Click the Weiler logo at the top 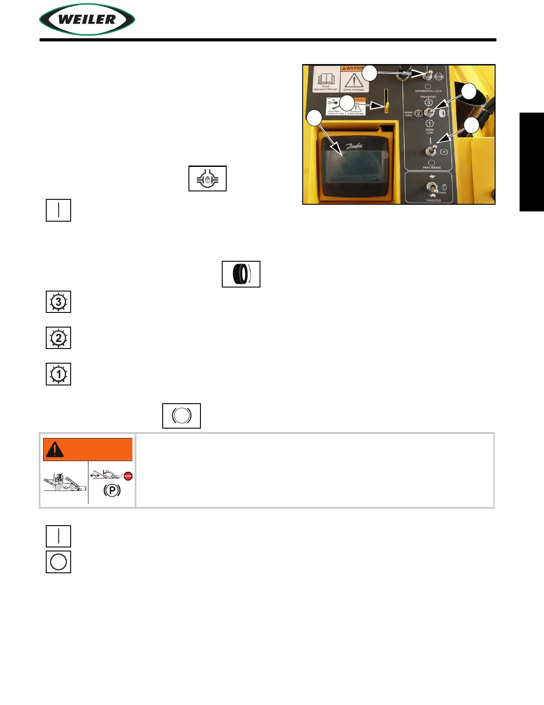coord(87,20)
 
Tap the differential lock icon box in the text coord(208,178)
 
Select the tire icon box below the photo coord(241,274)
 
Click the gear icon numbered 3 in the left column coord(58,302)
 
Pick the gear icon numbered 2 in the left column coord(58,338)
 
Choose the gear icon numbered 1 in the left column coord(58,374)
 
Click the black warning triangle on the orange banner coord(55,449)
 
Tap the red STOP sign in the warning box coord(128,476)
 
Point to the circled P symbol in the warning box coord(112,490)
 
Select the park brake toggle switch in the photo coord(431,150)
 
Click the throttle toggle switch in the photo coord(431,187)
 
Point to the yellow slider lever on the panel coord(387,107)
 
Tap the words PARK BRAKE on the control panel coord(432,168)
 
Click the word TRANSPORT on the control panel coord(428,97)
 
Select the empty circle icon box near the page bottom coord(58,562)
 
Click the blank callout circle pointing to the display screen coord(314,118)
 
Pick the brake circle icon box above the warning coord(181,416)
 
